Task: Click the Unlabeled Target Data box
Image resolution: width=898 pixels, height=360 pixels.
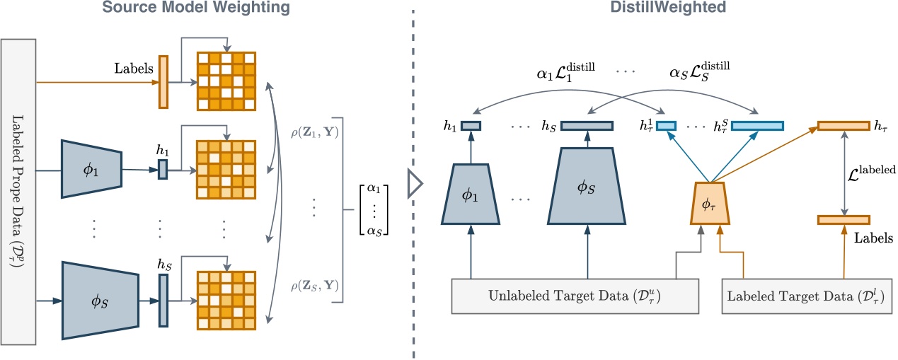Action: [575, 296]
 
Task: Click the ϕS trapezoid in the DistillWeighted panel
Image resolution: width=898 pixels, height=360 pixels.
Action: [587, 188]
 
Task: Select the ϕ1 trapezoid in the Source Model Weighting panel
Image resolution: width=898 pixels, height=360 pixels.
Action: [93, 170]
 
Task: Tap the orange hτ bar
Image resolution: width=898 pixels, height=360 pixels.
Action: [844, 126]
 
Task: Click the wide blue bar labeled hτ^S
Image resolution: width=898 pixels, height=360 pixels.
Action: [757, 126]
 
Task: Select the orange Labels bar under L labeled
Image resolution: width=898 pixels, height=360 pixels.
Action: [844, 220]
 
